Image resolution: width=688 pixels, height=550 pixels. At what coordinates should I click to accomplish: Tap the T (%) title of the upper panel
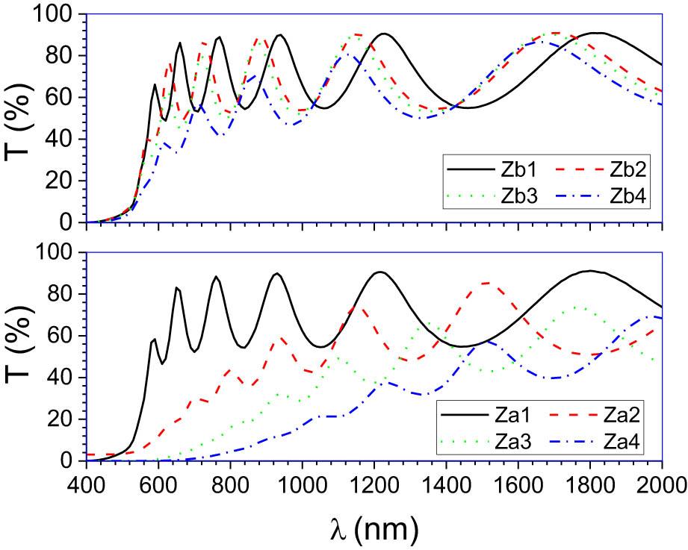pyautogui.click(x=20, y=119)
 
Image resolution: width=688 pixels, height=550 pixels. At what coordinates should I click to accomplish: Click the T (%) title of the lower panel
pyautogui.click(x=20, y=357)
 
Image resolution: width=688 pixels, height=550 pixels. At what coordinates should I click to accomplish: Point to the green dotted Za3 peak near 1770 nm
pyautogui.click(x=575, y=307)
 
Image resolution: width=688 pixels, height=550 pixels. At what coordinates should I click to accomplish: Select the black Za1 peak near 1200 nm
pyautogui.click(x=380, y=272)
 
